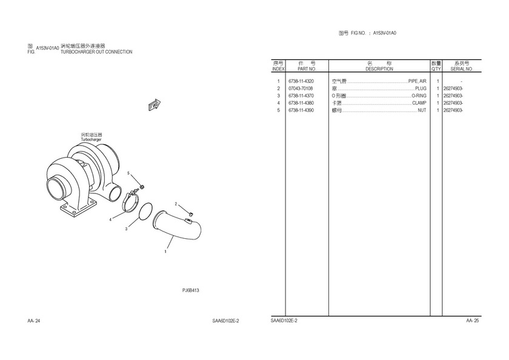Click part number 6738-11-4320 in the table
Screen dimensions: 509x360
(301, 81)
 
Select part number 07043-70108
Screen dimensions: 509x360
(301, 88)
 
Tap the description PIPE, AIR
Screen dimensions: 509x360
(417, 81)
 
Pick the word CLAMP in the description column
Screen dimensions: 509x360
(419, 103)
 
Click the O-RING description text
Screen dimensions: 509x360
(419, 96)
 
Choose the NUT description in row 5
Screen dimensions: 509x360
(422, 110)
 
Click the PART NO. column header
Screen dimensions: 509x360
(307, 69)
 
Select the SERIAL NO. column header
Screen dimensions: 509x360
(462, 69)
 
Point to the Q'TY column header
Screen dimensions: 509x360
(436, 69)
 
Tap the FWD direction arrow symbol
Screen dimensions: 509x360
(154, 105)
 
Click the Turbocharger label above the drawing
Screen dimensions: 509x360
(91, 139)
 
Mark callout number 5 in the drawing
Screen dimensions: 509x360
(128, 173)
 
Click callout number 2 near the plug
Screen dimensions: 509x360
(176, 204)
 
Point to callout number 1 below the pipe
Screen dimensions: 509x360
(165, 252)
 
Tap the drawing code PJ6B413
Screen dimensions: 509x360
(190, 290)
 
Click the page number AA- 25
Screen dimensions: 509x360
(472, 321)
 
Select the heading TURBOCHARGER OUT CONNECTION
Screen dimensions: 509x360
(96, 52)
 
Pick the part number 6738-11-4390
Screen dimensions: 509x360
(301, 110)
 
